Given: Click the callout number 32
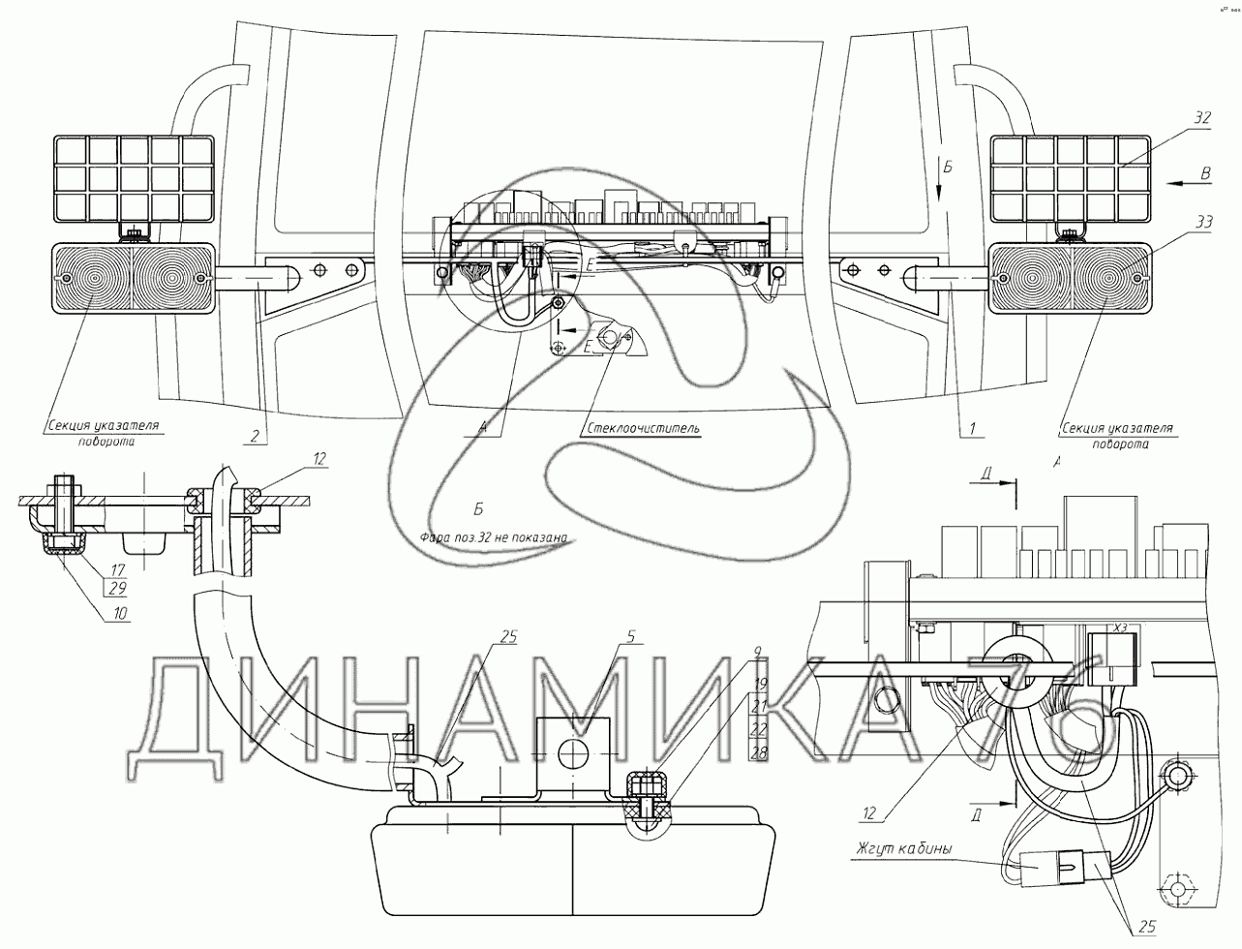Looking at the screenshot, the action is click(1201, 118).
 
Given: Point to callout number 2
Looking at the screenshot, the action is click(254, 436).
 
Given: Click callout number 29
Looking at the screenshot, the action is click(119, 588).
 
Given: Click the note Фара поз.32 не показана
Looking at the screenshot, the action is click(493, 538).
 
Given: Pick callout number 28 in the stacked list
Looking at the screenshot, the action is click(760, 752).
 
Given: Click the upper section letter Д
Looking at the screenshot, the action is click(985, 474).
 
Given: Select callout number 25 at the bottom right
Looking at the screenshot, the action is click(1146, 927).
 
